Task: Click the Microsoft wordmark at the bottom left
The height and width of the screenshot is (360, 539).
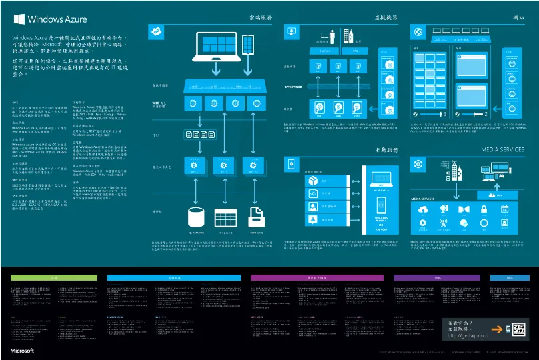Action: point(22,349)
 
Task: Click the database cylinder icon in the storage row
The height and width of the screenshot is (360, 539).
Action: point(196,217)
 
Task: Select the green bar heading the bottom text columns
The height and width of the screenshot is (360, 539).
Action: point(55,277)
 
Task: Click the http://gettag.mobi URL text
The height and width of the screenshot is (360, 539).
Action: point(465,335)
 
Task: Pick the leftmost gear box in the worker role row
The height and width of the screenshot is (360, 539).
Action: point(195,165)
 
